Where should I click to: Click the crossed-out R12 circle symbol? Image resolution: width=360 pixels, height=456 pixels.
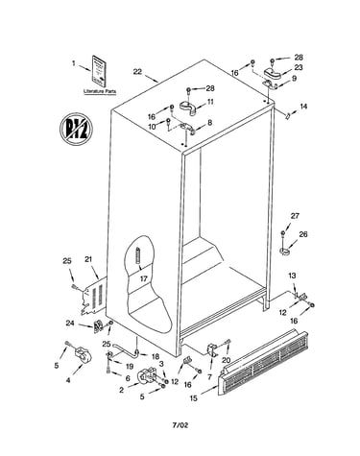pyautogui.click(x=76, y=130)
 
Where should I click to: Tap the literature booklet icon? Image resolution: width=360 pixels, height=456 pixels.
pyautogui.click(x=99, y=71)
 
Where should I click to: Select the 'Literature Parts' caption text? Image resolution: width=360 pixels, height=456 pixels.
pyautogui.click(x=100, y=91)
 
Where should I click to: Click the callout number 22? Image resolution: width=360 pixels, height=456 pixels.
pyautogui.click(x=137, y=71)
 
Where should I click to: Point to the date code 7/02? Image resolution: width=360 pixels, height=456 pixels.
pyautogui.click(x=180, y=425)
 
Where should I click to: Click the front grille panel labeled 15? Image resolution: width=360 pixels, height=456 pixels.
pyautogui.click(x=263, y=363)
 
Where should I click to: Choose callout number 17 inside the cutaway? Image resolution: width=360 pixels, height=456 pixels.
pyautogui.click(x=144, y=278)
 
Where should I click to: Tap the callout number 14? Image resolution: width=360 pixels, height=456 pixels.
pyautogui.click(x=303, y=106)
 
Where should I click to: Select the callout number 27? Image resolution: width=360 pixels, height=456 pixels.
pyautogui.click(x=295, y=216)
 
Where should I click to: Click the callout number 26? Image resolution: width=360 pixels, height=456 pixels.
pyautogui.click(x=303, y=234)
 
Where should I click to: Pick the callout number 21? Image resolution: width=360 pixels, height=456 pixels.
pyautogui.click(x=88, y=259)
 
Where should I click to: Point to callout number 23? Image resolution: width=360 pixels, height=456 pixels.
pyautogui.click(x=299, y=67)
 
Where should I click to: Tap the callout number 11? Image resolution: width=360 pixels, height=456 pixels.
pyautogui.click(x=210, y=102)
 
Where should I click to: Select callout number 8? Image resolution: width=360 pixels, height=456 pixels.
pyautogui.click(x=209, y=122)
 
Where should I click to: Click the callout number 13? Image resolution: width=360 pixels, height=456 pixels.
pyautogui.click(x=292, y=276)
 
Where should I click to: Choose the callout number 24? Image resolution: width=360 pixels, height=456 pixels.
pyautogui.click(x=70, y=324)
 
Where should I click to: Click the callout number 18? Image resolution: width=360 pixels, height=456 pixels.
pyautogui.click(x=155, y=356)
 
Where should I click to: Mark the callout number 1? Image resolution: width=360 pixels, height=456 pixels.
pyautogui.click(x=74, y=63)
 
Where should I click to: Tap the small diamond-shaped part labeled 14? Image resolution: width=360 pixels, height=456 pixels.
pyautogui.click(x=288, y=115)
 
